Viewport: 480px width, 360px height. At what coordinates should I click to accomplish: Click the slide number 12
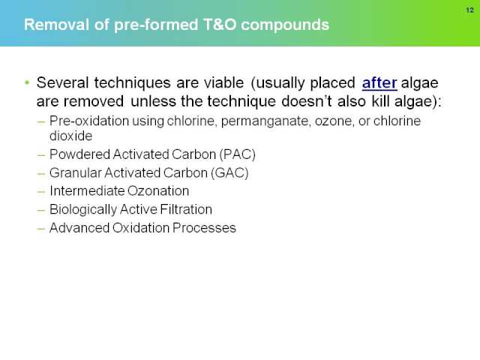point(470,10)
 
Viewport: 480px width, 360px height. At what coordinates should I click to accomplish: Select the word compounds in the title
point(285,25)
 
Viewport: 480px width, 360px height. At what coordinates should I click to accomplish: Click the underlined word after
point(379,82)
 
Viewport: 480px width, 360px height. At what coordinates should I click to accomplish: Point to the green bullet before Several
point(27,82)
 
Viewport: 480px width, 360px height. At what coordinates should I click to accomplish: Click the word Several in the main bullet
point(63,82)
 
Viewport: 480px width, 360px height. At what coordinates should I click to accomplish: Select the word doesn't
point(307,101)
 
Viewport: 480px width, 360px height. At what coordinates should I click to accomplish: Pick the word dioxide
point(70,136)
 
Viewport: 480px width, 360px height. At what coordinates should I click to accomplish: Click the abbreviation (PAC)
point(237,154)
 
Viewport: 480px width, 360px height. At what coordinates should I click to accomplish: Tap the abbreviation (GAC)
point(229,173)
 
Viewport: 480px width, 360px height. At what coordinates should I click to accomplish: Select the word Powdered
point(80,154)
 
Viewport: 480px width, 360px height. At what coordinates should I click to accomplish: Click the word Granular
point(76,173)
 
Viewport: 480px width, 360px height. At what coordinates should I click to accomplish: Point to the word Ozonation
point(158,191)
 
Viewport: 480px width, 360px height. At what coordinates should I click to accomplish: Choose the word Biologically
point(83,210)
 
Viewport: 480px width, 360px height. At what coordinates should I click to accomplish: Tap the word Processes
point(204,228)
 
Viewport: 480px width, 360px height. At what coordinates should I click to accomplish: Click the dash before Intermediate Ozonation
point(41,192)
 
